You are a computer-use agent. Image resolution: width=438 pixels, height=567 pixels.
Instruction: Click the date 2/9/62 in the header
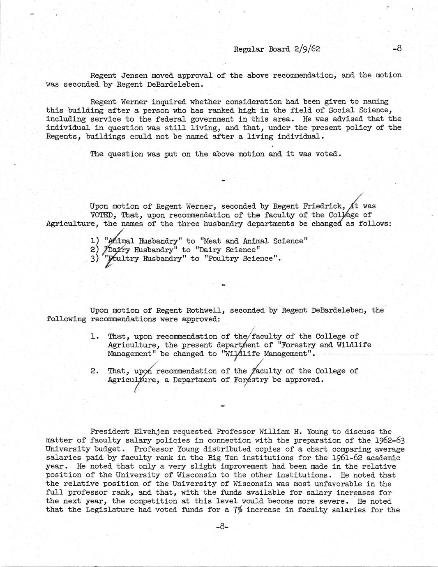pyautogui.click(x=307, y=49)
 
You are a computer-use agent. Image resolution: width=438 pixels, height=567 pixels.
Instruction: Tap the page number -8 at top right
pyautogui.click(x=397, y=48)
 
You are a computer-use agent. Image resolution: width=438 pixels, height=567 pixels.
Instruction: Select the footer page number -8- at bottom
pyautogui.click(x=222, y=526)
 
